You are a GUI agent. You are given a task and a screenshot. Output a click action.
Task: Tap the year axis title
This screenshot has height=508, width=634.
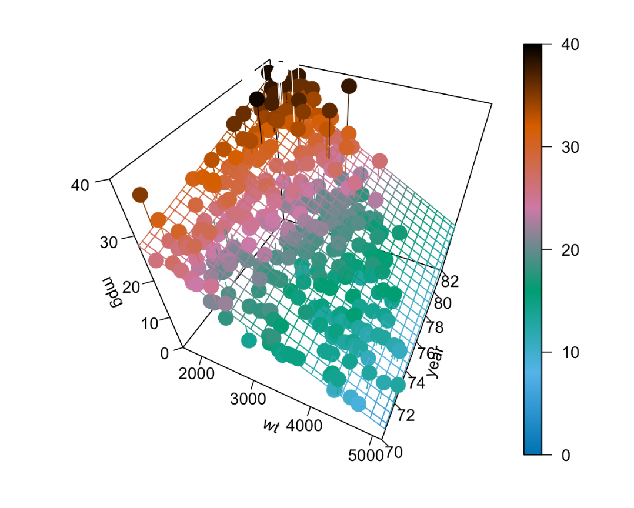pos(436,363)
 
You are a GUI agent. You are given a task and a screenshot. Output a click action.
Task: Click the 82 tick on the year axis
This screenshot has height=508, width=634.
pos(451,281)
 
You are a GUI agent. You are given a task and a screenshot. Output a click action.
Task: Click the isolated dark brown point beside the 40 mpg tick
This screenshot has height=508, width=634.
pos(140,195)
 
